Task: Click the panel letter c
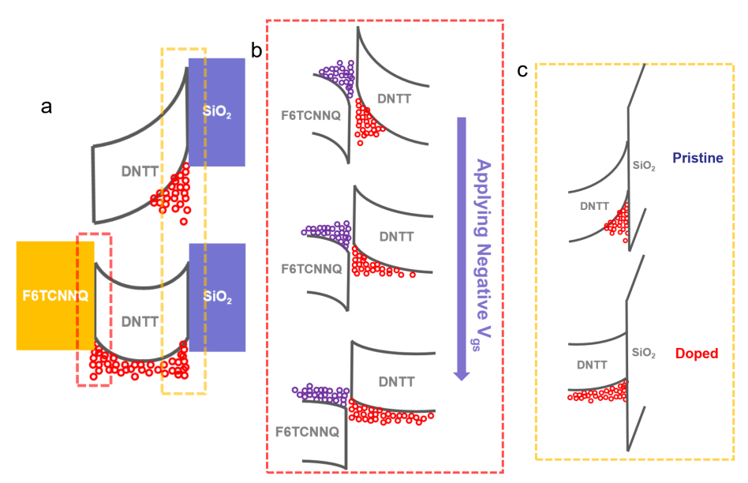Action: pos(522,71)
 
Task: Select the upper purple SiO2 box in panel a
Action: pos(216,112)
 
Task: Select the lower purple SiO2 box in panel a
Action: pos(217,296)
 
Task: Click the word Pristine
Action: pos(698,159)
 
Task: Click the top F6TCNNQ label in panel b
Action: pos(310,115)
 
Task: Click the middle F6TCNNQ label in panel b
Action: pos(312,268)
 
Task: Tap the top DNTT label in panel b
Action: pos(394,99)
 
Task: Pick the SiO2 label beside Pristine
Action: pos(644,166)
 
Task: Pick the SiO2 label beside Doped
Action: pos(644,354)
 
